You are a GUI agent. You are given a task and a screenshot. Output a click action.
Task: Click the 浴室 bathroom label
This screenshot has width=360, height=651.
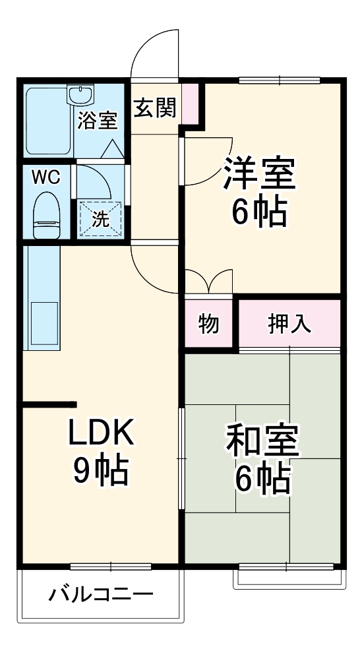click(98, 121)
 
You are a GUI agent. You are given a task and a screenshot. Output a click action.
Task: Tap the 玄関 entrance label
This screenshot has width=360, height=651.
click(155, 108)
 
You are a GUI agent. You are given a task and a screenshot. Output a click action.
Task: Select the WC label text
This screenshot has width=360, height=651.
click(47, 177)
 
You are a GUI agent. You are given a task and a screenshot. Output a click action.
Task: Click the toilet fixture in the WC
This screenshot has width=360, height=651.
click(47, 214)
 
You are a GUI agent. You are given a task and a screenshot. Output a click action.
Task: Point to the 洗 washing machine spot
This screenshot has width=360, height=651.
click(100, 219)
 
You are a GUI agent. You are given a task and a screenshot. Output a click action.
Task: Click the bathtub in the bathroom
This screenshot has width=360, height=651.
click(47, 122)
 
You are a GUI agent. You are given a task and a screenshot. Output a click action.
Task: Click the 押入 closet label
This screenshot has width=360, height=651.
click(288, 325)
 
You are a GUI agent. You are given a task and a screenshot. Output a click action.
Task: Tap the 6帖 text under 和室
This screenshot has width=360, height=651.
click(263, 480)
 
